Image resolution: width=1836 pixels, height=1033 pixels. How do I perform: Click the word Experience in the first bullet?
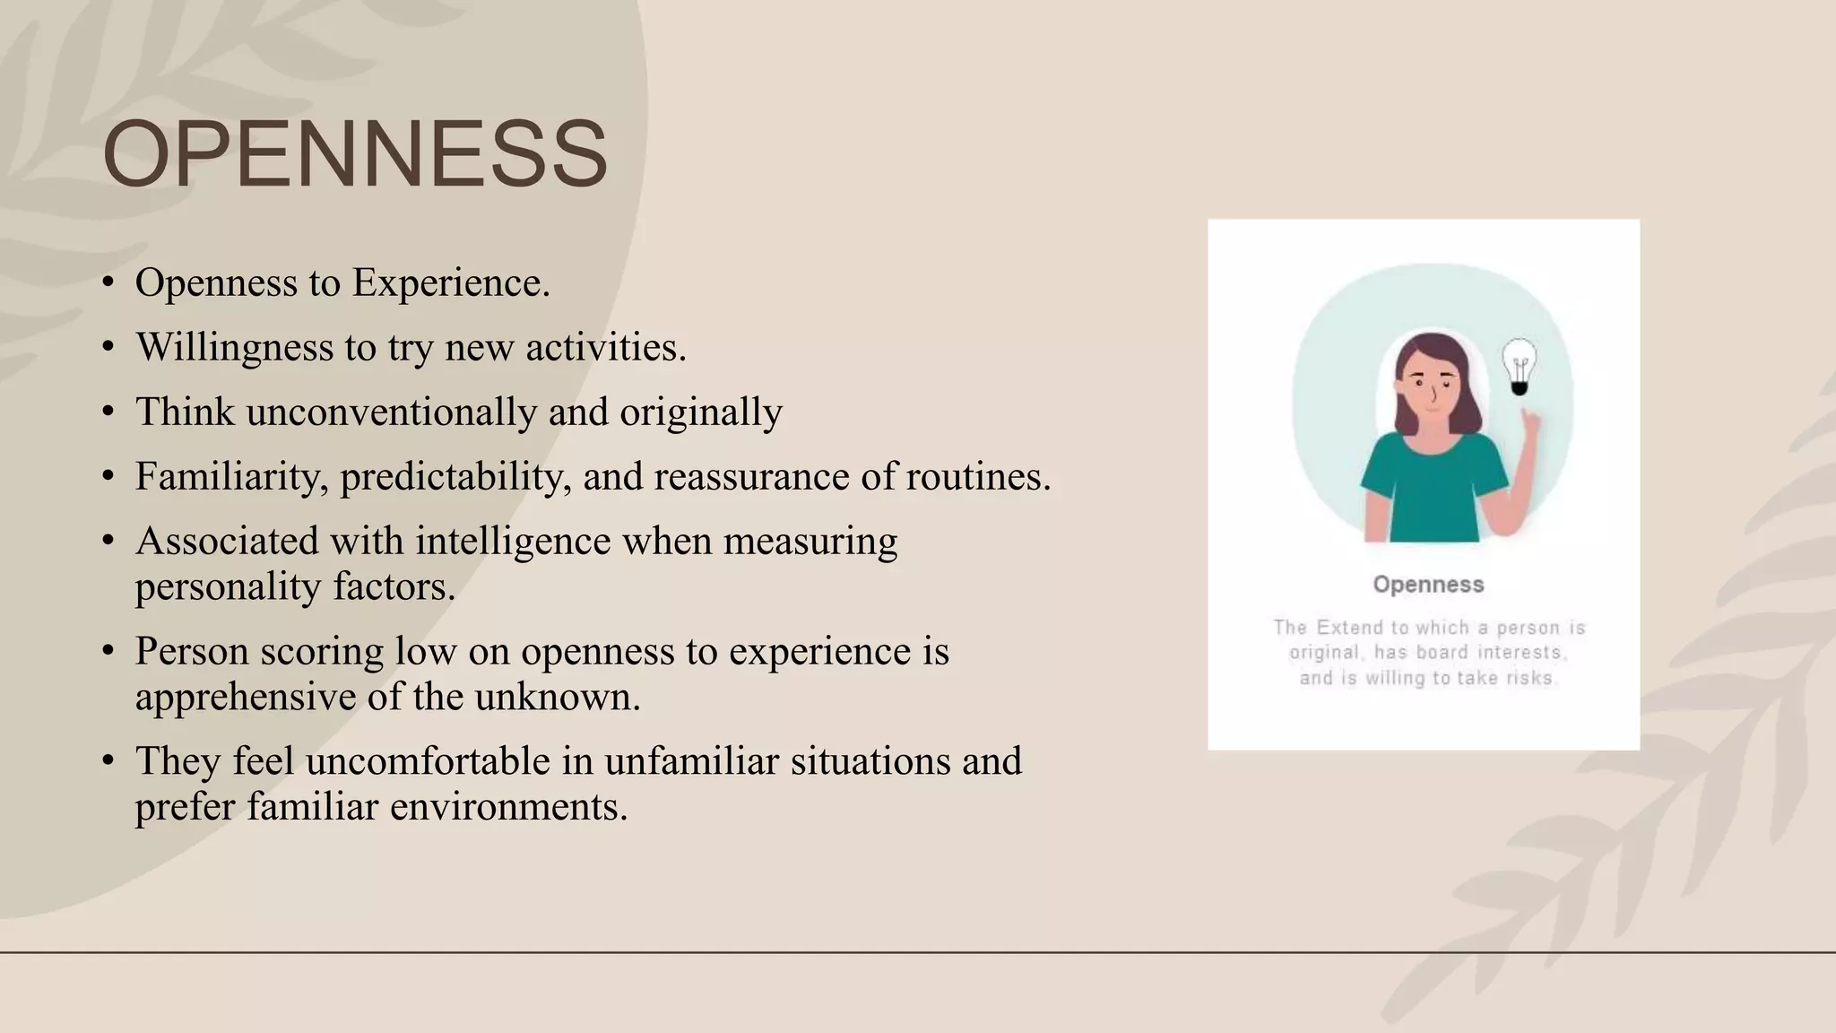(450, 282)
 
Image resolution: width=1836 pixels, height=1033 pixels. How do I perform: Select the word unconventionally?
(391, 412)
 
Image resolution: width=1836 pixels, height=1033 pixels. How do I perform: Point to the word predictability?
(455, 476)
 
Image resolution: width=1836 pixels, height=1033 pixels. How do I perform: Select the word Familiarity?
(231, 476)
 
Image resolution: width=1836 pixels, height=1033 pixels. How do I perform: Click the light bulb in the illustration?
(1519, 366)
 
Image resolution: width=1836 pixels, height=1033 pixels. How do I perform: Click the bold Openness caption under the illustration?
(1428, 585)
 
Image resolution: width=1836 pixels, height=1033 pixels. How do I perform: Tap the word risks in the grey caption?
(1531, 678)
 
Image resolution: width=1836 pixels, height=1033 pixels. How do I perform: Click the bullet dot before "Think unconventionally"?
(108, 412)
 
